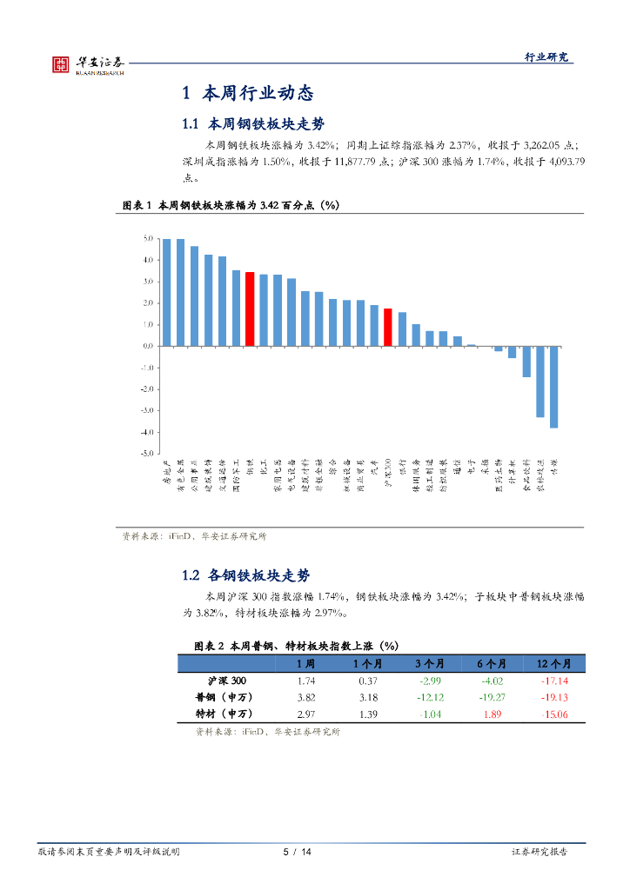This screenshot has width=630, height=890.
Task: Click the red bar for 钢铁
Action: tap(250, 309)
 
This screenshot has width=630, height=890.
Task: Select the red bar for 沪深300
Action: tap(388, 327)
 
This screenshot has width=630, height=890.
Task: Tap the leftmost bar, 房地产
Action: tap(166, 292)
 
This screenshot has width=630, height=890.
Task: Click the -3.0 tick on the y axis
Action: tap(146, 410)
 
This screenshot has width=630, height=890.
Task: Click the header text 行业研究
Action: tap(546, 56)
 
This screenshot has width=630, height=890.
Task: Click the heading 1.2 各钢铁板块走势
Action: tap(245, 575)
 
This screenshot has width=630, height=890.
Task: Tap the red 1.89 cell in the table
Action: tap(492, 714)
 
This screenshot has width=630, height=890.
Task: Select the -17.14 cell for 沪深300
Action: tap(553, 681)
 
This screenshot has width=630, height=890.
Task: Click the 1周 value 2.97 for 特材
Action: tap(305, 714)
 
